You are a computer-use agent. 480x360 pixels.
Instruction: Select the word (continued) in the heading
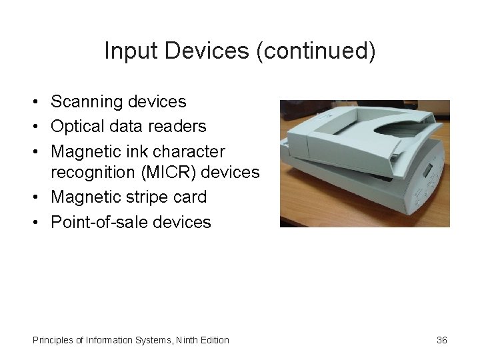tap(316, 51)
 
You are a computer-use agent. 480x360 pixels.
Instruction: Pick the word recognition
tap(93, 173)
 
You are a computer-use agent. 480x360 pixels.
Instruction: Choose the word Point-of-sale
tap(99, 223)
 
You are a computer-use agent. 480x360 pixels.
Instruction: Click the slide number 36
tap(442, 341)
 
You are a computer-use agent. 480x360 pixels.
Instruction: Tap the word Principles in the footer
tap(53, 341)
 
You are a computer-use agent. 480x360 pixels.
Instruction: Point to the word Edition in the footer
tap(216, 341)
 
